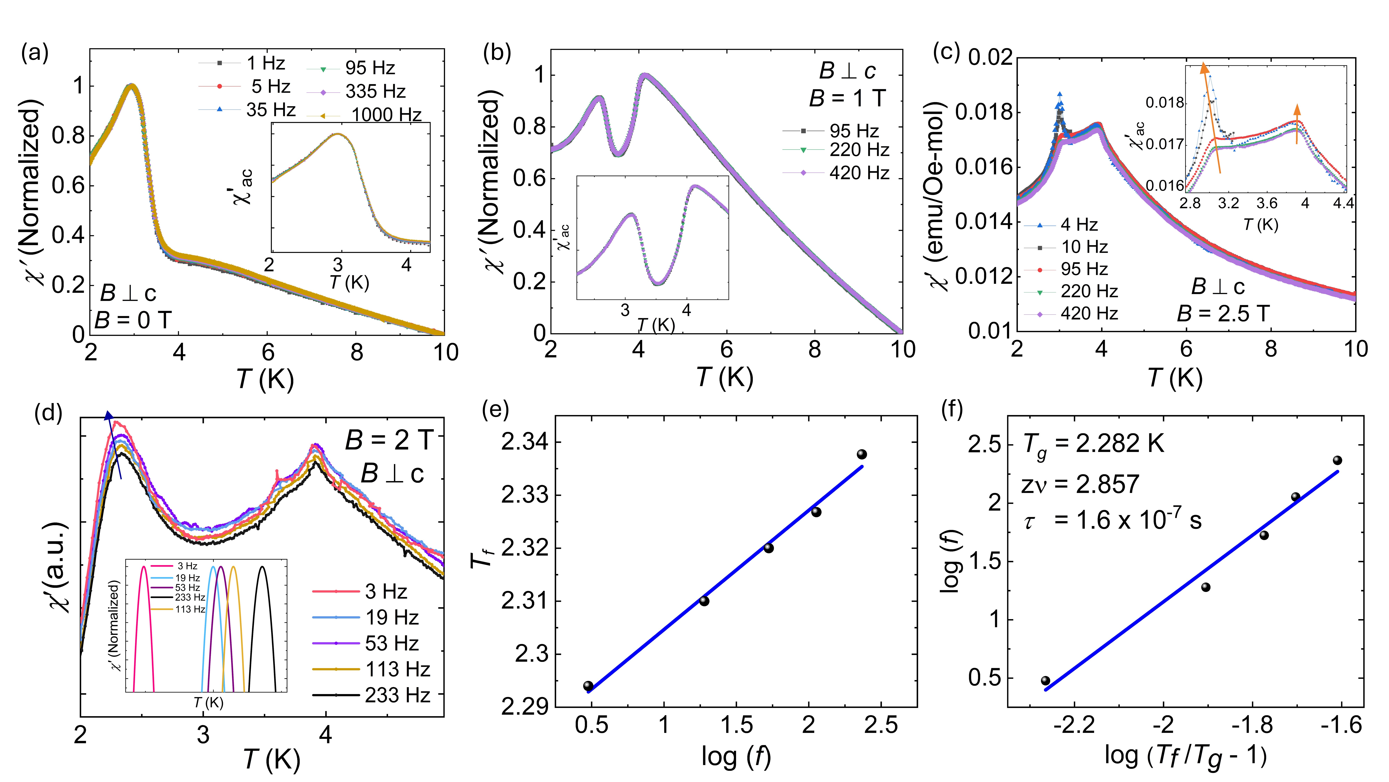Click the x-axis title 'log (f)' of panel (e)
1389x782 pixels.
pyautogui.click(x=736, y=757)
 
